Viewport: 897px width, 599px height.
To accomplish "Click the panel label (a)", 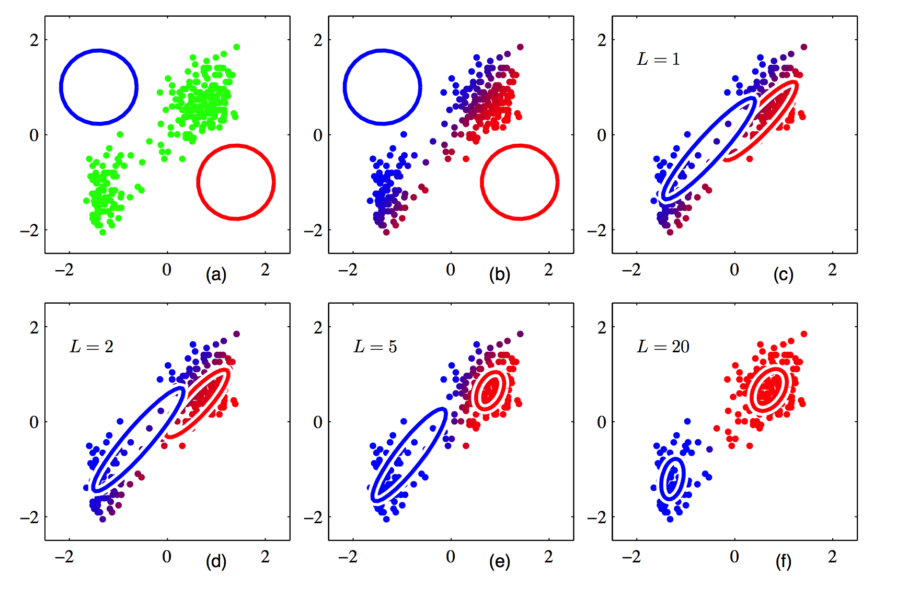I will [216, 274].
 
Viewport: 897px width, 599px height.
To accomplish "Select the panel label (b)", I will [499, 274].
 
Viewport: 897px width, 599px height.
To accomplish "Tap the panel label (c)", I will [783, 274].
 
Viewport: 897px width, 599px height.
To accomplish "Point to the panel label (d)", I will [216, 561].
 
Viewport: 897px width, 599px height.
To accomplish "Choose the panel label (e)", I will [499, 561].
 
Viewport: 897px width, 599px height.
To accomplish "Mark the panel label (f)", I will [783, 561].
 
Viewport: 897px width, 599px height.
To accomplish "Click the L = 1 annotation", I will [658, 59].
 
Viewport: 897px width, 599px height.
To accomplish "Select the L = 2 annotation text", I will [91, 347].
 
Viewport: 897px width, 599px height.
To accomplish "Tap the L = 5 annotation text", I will [375, 347].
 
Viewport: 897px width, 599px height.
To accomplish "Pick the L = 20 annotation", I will [663, 347].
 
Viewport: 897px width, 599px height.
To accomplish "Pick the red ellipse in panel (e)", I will [474, 390].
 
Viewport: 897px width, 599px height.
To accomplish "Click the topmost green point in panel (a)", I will [236, 47].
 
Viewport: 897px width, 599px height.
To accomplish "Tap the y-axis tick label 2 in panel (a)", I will [34, 40].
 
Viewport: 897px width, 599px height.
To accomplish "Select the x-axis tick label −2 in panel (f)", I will [631, 557].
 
